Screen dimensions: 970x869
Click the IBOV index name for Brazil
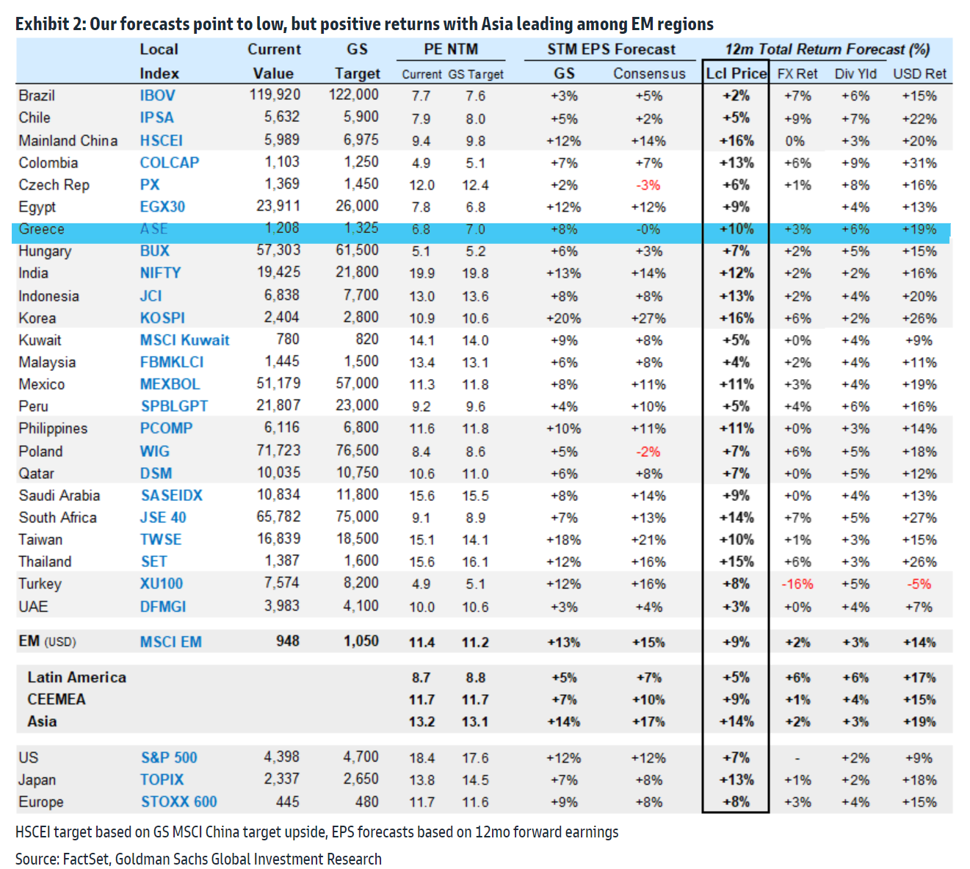(x=157, y=95)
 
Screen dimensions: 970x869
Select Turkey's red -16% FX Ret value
(x=797, y=584)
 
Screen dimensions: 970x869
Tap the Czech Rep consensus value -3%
(x=648, y=185)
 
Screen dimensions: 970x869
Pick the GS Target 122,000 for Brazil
(x=353, y=95)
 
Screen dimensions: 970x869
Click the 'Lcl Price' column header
(x=736, y=73)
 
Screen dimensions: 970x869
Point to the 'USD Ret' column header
(x=920, y=73)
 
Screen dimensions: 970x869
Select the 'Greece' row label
(x=41, y=229)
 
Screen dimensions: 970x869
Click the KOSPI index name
(x=162, y=318)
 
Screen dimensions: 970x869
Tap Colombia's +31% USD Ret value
(x=919, y=163)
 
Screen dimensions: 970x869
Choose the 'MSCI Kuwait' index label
(x=184, y=340)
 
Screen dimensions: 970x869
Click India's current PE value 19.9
(x=421, y=273)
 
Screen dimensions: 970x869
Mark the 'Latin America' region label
(x=76, y=677)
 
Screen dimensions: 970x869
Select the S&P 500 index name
(x=169, y=757)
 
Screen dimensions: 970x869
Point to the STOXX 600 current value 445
(x=287, y=801)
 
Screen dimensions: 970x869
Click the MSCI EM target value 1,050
(x=361, y=641)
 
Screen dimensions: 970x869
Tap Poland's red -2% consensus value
(x=648, y=452)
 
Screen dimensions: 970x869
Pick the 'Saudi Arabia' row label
(x=59, y=495)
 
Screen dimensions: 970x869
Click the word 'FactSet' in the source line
(x=87, y=859)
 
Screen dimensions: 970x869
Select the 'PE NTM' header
(x=451, y=49)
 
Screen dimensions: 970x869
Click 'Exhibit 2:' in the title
(x=50, y=24)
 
